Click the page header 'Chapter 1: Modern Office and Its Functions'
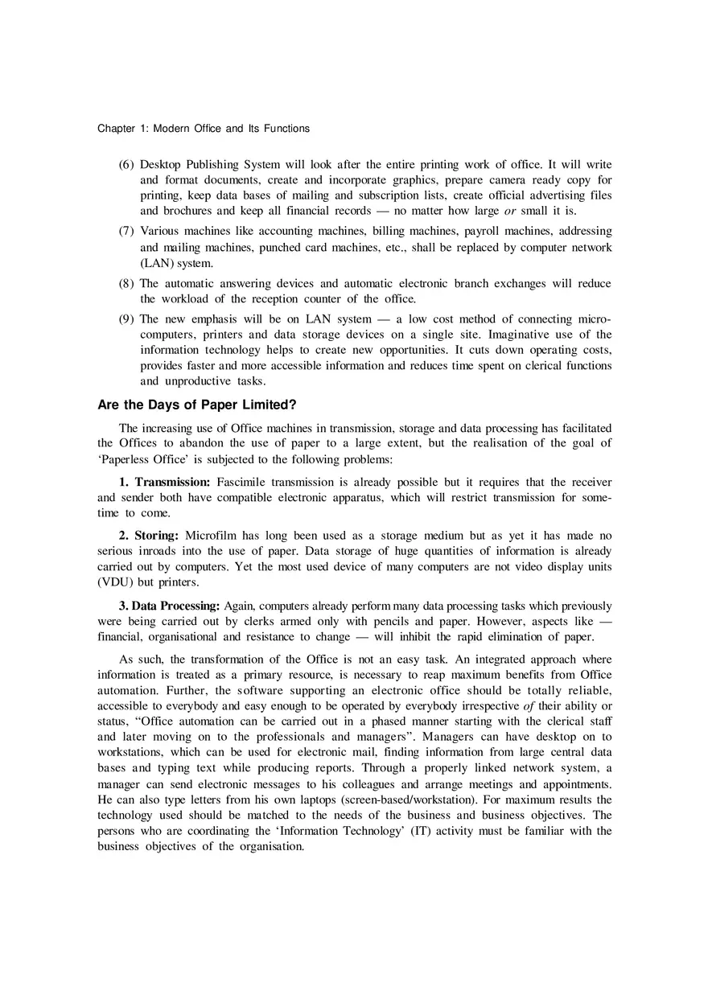click(203, 129)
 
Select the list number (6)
click(126, 165)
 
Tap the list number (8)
click(126, 284)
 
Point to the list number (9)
click(126, 319)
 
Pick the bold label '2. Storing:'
click(149, 536)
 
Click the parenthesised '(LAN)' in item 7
click(156, 263)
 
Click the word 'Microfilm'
click(210, 536)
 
